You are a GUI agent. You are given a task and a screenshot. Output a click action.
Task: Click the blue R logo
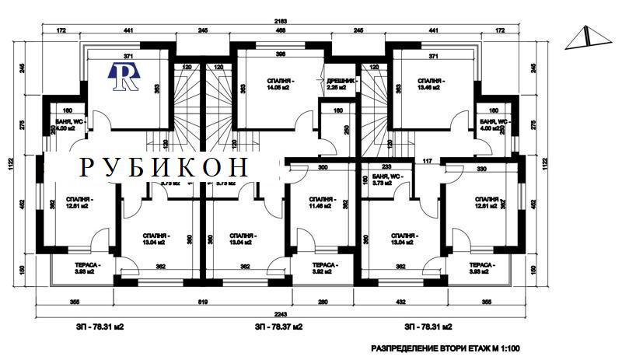click(124, 76)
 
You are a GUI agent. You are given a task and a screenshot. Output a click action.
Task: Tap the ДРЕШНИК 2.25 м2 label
click(341, 85)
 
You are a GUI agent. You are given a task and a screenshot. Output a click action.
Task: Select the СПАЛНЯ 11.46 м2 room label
click(321, 203)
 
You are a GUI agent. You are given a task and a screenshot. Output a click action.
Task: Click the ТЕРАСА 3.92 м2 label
click(323, 268)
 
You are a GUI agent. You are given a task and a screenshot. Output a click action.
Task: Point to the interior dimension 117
click(427, 161)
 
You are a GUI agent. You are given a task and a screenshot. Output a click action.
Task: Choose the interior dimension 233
click(386, 167)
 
